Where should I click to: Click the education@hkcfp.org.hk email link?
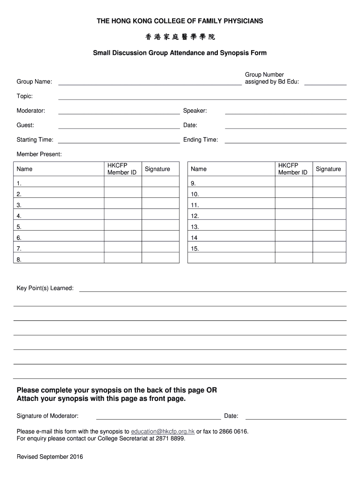(x=163, y=431)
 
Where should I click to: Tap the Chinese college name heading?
(x=180, y=37)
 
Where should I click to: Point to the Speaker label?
(x=195, y=111)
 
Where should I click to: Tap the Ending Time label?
(x=201, y=140)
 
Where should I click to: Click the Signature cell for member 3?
(x=160, y=205)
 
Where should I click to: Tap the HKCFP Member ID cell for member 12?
(x=293, y=216)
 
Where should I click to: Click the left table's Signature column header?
(x=158, y=169)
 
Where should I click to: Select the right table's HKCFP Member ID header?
(x=293, y=169)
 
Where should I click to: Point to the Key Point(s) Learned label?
(x=45, y=288)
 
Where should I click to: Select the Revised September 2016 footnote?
(x=50, y=457)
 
